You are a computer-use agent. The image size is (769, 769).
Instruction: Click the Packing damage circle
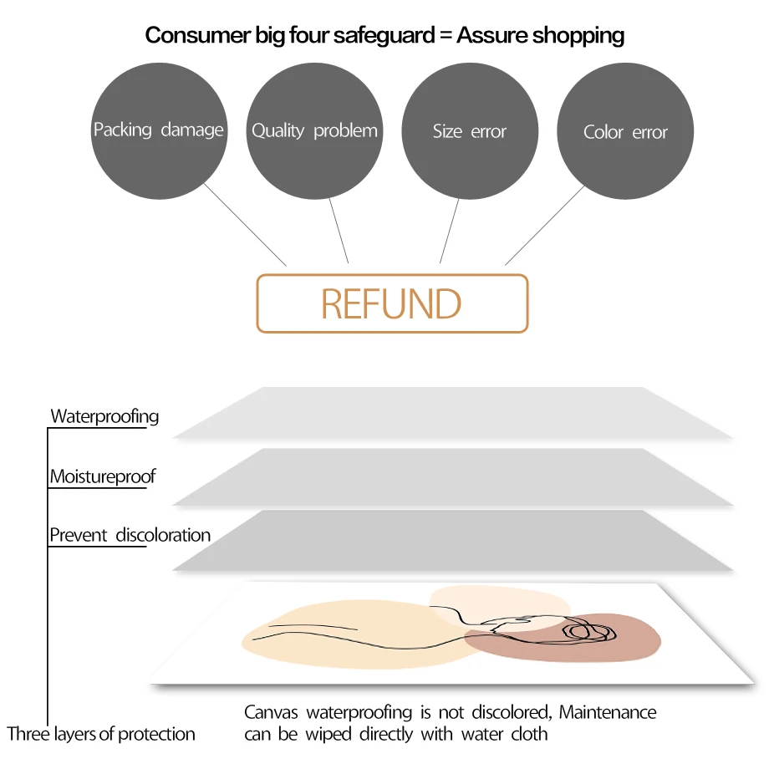pyautogui.click(x=158, y=132)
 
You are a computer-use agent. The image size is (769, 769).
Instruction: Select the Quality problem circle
pyautogui.click(x=314, y=132)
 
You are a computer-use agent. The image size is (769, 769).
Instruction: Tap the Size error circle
pyautogui.click(x=470, y=132)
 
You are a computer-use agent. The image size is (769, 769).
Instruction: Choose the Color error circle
pyautogui.click(x=625, y=132)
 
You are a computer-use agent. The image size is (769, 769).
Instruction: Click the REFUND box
pyautogui.click(x=392, y=303)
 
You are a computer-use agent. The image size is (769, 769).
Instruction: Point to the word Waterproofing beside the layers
pyautogui.click(x=104, y=416)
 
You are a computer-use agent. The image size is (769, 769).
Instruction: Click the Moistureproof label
pyautogui.click(x=102, y=477)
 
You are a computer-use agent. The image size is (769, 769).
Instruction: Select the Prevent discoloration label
pyautogui.click(x=130, y=535)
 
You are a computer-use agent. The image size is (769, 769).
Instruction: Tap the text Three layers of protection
pyautogui.click(x=101, y=735)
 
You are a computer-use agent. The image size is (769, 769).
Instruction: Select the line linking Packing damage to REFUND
pyautogui.click(x=247, y=226)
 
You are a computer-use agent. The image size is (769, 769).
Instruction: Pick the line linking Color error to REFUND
pyautogui.click(x=545, y=226)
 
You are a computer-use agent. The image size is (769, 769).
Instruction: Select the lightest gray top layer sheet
pyautogui.click(x=451, y=414)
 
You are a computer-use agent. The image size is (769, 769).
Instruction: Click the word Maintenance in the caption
pyautogui.click(x=608, y=713)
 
